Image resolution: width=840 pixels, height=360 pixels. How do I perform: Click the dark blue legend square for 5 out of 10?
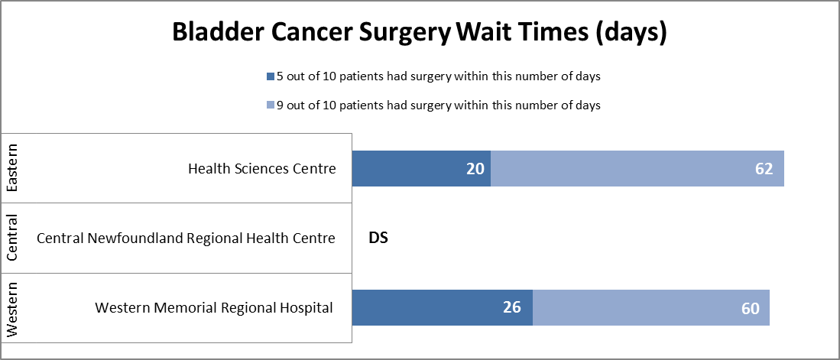pyautogui.click(x=270, y=76)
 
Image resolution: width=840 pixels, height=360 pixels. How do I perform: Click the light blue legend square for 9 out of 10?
pyautogui.click(x=270, y=106)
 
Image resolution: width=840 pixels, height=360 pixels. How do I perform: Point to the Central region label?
pyautogui.click(x=12, y=238)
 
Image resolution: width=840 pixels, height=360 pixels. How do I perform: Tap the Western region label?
pyautogui.click(x=12, y=308)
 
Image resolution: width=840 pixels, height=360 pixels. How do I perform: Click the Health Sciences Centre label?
pyautogui.click(x=261, y=168)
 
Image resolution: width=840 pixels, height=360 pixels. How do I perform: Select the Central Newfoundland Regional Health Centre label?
pyautogui.click(x=186, y=238)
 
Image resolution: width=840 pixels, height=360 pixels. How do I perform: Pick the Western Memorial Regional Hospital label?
pyautogui.click(x=214, y=308)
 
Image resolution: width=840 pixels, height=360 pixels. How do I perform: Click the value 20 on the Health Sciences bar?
pyautogui.click(x=476, y=169)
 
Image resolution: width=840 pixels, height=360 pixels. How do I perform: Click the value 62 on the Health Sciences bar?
pyautogui.click(x=764, y=169)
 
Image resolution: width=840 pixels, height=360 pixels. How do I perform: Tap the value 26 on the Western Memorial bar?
pyautogui.click(x=511, y=308)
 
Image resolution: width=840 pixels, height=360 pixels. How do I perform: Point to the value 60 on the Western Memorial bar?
pyautogui.click(x=751, y=309)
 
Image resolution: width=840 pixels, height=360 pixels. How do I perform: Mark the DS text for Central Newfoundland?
pyautogui.click(x=378, y=238)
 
